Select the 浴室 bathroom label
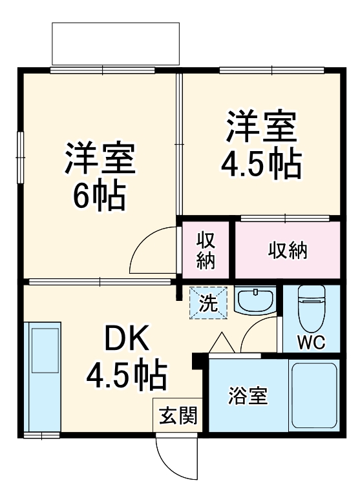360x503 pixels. pos(248,395)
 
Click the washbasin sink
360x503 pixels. pos(256,300)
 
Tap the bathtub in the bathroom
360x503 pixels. pos(314,395)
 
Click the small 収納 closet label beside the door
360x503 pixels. pos(206,250)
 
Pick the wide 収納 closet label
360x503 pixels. pos(287,250)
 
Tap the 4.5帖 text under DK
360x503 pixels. pos(127,374)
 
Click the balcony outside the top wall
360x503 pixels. pos(115,43)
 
